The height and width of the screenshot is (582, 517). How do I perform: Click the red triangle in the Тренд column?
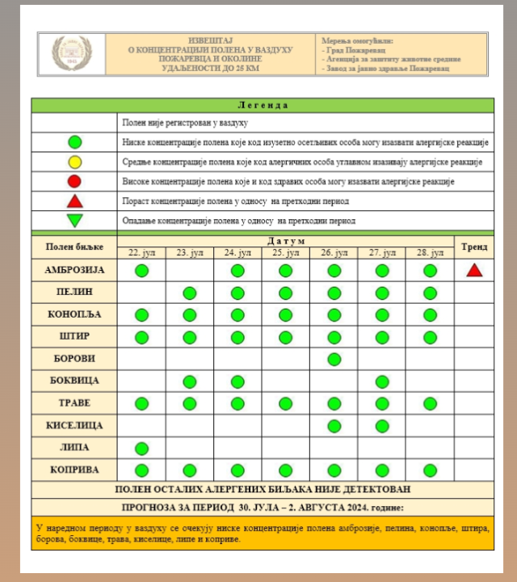tap(474, 270)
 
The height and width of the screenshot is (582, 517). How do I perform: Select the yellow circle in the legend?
tap(75, 162)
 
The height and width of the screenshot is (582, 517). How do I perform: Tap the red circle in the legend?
tap(75, 181)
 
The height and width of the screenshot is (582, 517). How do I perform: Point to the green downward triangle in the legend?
tap(75, 220)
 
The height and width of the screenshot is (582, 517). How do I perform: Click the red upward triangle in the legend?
tap(75, 200)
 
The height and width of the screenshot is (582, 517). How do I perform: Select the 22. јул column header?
tap(141, 253)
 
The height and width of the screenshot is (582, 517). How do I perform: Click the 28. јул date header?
tap(430, 253)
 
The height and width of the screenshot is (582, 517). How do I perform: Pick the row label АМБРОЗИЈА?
tap(74, 270)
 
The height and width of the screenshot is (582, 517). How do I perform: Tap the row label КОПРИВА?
tap(74, 470)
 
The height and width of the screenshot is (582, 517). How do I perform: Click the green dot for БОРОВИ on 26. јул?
tap(334, 359)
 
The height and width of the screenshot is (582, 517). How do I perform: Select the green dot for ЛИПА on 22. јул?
tap(141, 448)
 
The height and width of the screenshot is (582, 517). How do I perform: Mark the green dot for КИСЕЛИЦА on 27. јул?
tap(382, 425)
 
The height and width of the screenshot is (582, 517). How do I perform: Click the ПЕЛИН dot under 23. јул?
tap(190, 293)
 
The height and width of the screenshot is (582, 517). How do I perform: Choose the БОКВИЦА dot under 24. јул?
tap(237, 381)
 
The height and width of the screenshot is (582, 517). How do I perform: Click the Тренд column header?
tap(474, 247)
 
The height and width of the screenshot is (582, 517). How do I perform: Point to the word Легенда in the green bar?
tap(263, 105)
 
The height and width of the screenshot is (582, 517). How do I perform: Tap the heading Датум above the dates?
tap(286, 241)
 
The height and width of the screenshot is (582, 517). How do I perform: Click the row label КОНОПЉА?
tap(74, 314)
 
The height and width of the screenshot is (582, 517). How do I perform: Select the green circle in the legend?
tap(75, 142)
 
